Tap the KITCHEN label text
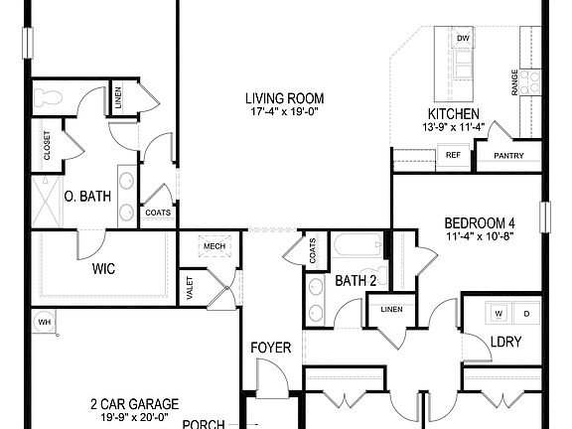tap(454, 114)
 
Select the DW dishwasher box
tap(463, 39)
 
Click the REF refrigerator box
tap(452, 155)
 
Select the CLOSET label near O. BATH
tap(47, 146)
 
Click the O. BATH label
tap(86, 197)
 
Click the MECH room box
tap(213, 247)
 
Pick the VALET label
tap(190, 287)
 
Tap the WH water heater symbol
tap(44, 322)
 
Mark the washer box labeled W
tap(500, 314)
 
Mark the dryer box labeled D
tap(525, 314)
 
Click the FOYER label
tap(270, 348)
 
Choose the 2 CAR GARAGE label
tap(134, 403)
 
